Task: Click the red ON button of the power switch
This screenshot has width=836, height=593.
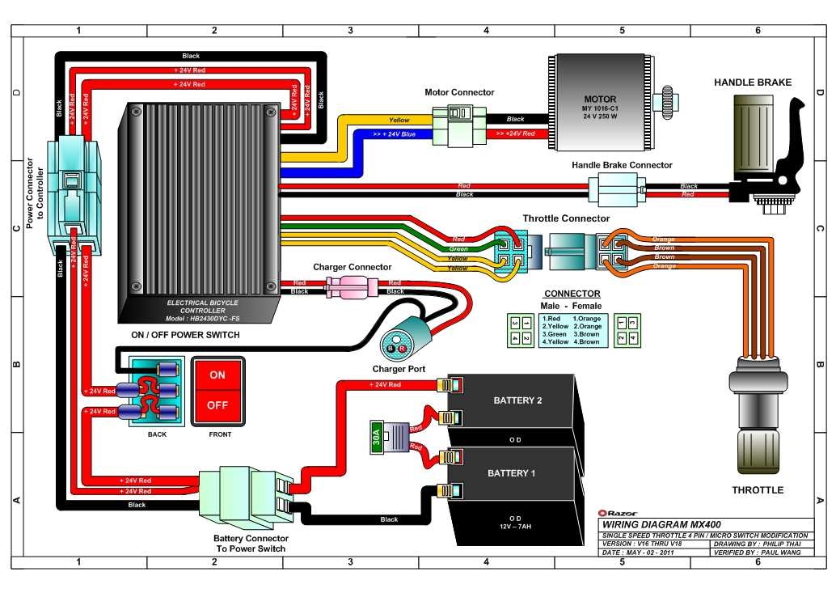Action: click(x=217, y=375)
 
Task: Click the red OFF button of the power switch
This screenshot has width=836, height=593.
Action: click(x=217, y=405)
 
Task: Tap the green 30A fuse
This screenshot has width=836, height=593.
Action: click(x=377, y=438)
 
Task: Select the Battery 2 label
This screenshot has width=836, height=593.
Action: click(x=517, y=400)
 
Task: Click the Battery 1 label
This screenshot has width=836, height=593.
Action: click(x=511, y=472)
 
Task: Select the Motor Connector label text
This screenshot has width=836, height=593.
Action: click(x=459, y=92)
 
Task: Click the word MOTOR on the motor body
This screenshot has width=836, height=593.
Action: click(x=600, y=99)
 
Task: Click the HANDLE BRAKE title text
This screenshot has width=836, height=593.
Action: click(x=752, y=83)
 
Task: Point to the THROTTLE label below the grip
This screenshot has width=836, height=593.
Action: click(x=757, y=489)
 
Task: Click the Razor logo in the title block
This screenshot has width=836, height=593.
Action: click(x=612, y=513)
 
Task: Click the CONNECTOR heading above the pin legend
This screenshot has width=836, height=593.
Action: click(x=572, y=294)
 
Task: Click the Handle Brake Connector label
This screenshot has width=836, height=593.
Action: click(x=622, y=165)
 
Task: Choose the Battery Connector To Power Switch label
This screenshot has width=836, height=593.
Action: click(x=251, y=543)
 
